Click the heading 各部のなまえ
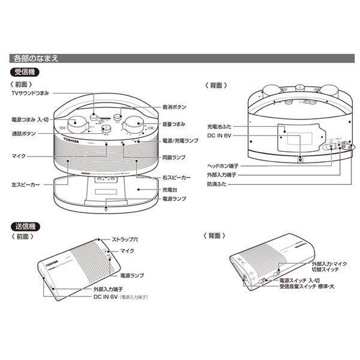point(35,59)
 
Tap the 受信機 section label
point(25,73)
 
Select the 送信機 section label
point(25,226)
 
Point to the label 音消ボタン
point(174,106)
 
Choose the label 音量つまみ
point(174,123)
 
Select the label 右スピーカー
point(176,179)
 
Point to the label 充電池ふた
point(219,127)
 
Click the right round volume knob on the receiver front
point(131,125)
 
